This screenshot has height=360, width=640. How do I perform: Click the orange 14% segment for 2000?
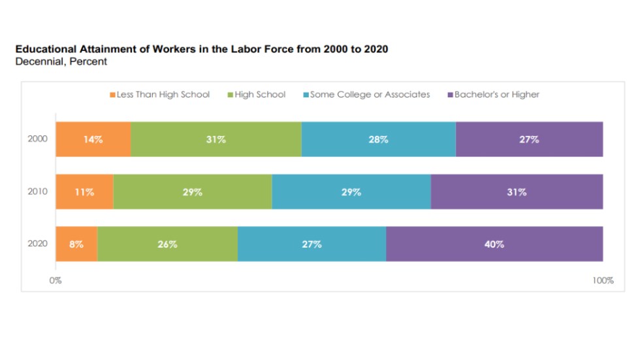coord(93,139)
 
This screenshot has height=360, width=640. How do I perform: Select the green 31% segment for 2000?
coord(216,139)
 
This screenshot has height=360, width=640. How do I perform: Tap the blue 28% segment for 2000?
coord(378,139)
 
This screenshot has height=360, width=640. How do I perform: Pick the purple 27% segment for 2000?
coord(529,139)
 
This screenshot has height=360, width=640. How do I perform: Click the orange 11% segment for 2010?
coord(84,192)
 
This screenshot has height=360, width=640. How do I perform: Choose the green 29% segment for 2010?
coord(193,192)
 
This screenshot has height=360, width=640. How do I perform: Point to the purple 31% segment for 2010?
coord(517,192)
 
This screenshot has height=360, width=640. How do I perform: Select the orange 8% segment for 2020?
coord(76,244)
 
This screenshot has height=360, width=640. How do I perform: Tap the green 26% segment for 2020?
coord(168,244)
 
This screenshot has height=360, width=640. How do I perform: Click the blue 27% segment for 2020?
coord(312,244)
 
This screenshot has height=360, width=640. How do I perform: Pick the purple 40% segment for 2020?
coord(494,244)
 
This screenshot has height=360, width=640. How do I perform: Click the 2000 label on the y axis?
coord(37,139)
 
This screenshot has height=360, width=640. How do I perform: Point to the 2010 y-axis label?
coord(37,192)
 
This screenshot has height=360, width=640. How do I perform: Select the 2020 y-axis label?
coord(37,244)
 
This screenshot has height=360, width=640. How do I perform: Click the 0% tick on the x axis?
coord(56,281)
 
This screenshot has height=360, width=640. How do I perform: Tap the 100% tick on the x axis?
coord(603,281)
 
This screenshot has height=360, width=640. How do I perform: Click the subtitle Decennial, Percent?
coord(61,61)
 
